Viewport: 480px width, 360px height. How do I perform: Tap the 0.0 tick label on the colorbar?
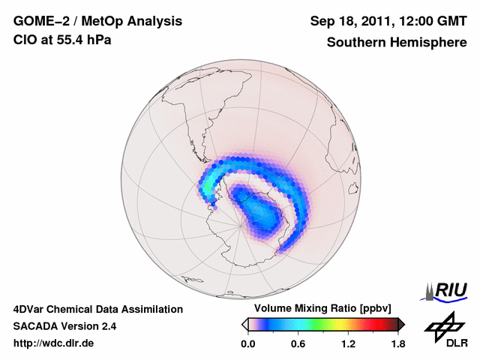247,344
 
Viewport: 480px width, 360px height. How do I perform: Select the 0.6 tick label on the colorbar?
298,344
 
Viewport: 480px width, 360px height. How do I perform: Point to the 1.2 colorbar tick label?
347,344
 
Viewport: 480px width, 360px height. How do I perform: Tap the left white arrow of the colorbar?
244,324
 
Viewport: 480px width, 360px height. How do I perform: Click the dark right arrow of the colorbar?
400,324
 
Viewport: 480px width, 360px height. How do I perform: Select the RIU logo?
449,289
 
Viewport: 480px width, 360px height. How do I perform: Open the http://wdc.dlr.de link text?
54,343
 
